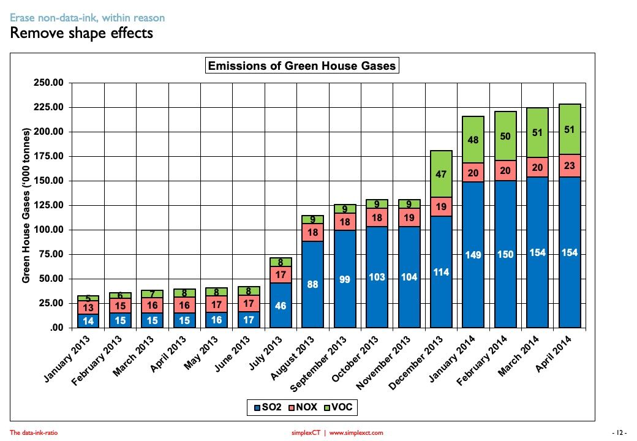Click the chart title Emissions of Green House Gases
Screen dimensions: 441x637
pos(302,66)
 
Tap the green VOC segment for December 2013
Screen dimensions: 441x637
pos(440,174)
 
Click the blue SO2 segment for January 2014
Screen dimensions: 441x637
pos(473,255)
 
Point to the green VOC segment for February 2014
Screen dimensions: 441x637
pos(505,136)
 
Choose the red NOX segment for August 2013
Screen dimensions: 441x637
pos(312,233)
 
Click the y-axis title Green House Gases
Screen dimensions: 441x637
pos(26,205)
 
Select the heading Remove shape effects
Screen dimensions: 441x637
pos(81,33)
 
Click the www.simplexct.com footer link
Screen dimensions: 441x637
pos(356,433)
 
